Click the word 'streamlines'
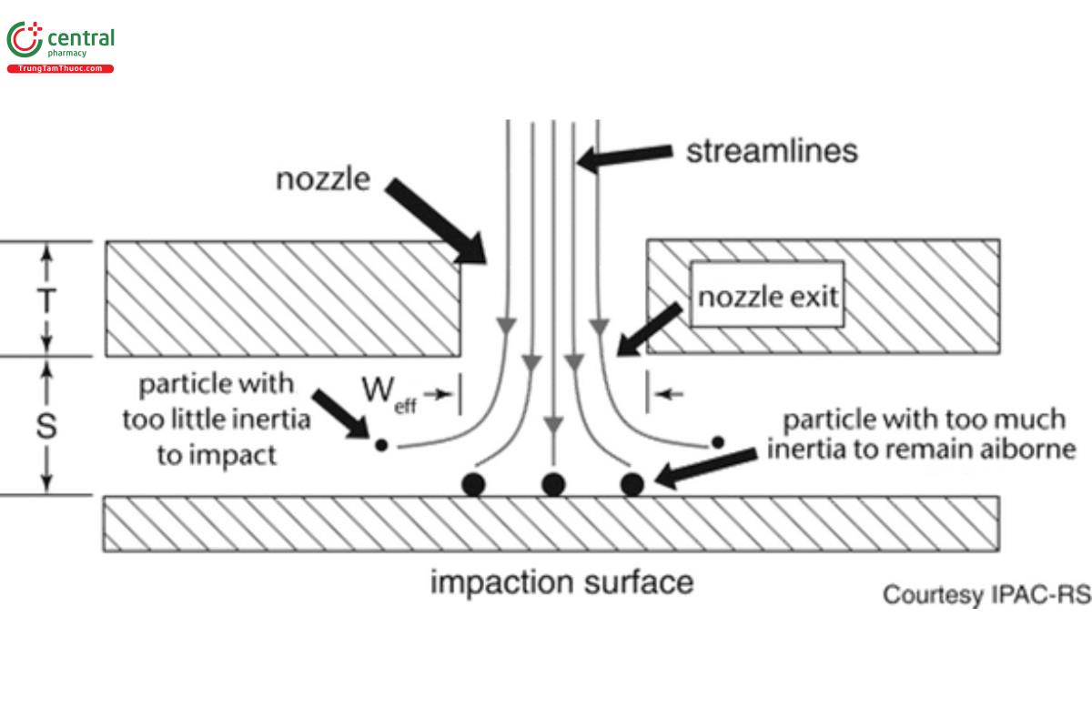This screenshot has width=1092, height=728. click(771, 149)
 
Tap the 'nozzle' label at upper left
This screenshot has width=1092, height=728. click(323, 179)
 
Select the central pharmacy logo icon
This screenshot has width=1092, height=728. click(25, 41)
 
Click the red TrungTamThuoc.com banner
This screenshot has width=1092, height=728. click(60, 69)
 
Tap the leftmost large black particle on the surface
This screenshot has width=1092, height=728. click(472, 483)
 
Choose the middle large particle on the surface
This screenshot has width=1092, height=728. click(552, 483)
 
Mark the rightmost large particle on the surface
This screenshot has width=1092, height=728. click(632, 483)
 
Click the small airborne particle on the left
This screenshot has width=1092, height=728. click(381, 445)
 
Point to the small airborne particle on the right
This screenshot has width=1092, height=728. click(717, 442)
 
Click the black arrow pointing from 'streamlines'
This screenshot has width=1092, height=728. click(624, 157)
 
